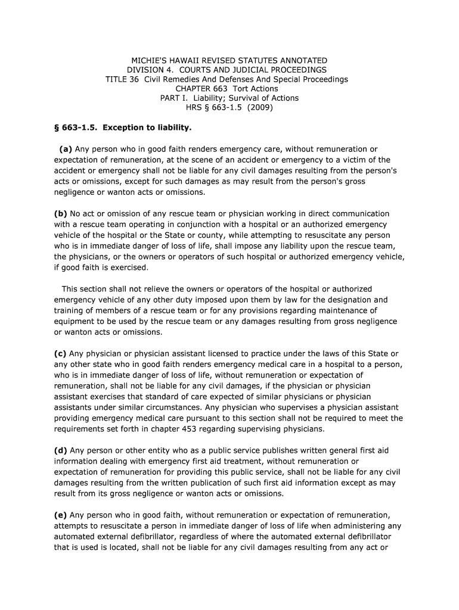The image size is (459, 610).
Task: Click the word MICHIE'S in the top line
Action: click(150, 61)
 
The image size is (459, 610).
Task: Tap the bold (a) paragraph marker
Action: click(65, 149)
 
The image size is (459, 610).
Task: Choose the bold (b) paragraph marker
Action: click(61, 213)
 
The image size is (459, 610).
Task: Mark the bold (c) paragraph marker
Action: click(61, 354)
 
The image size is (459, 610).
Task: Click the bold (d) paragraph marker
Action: click(61, 451)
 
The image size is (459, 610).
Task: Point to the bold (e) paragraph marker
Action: click(61, 515)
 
